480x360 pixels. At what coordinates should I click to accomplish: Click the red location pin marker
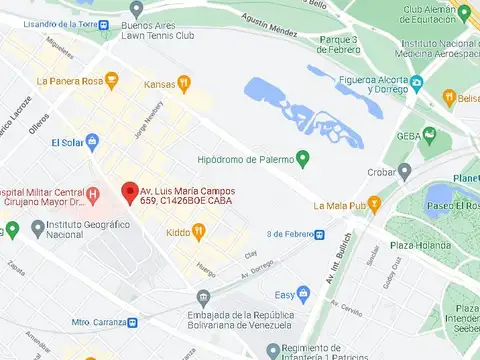128,191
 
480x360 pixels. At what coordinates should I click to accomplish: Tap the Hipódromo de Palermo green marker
303,158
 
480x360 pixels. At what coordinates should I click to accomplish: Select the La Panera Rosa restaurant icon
113,80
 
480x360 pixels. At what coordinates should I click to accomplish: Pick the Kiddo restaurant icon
199,232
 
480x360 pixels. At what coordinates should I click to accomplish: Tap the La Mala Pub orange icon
375,207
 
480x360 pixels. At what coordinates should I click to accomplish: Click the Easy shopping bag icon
306,295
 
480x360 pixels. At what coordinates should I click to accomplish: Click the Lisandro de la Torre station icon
105,24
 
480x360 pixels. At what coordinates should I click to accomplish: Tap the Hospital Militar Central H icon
93,194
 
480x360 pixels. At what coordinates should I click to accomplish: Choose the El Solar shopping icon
92,142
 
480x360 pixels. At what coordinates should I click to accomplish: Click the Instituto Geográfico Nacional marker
38,229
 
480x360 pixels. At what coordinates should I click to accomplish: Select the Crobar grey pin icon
405,171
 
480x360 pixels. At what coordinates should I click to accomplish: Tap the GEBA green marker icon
430,136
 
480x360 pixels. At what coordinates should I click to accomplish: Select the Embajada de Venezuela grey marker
204,297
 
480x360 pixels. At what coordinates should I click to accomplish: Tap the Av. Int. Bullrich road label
337,263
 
